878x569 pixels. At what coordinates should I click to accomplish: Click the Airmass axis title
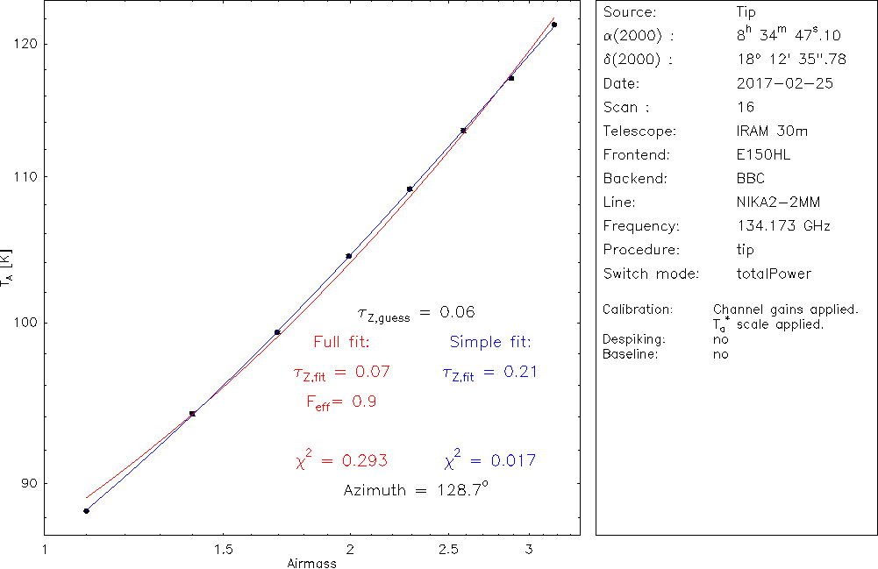pyautogui.click(x=311, y=564)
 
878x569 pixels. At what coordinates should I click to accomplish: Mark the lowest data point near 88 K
pyautogui.click(x=86, y=511)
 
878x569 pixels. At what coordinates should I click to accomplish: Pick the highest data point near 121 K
pyautogui.click(x=554, y=25)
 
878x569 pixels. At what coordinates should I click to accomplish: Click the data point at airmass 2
pyautogui.click(x=349, y=256)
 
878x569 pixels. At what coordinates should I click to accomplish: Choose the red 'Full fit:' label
pyautogui.click(x=341, y=342)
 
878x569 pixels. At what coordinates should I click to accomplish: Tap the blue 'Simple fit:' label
pyautogui.click(x=490, y=342)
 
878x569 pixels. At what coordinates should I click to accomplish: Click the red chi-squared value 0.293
pyautogui.click(x=341, y=460)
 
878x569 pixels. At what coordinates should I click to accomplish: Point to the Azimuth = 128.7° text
pyautogui.click(x=415, y=490)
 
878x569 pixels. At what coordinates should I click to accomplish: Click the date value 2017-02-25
pyautogui.click(x=785, y=84)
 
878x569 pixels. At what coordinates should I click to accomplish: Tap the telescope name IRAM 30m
pyautogui.click(x=773, y=132)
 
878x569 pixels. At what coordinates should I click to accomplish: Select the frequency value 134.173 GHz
pyautogui.click(x=783, y=226)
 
